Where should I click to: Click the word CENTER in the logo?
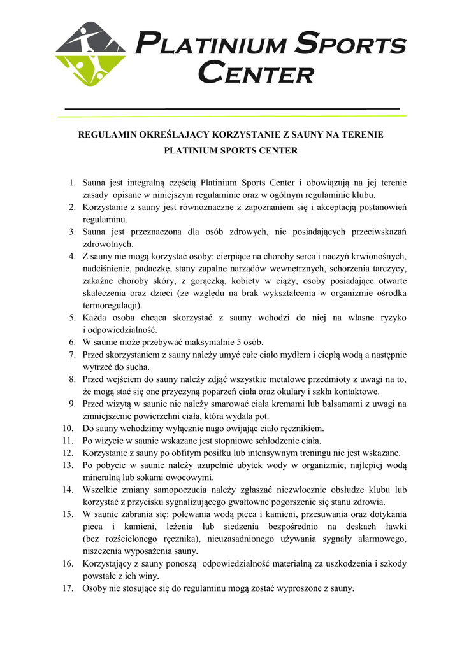pyautogui.click(x=256, y=72)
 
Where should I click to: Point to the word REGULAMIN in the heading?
pyautogui.click(x=106, y=135)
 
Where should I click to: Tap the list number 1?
pyautogui.click(x=73, y=183)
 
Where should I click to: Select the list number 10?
pyautogui.click(x=69, y=428)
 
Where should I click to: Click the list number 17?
pyautogui.click(x=69, y=588)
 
